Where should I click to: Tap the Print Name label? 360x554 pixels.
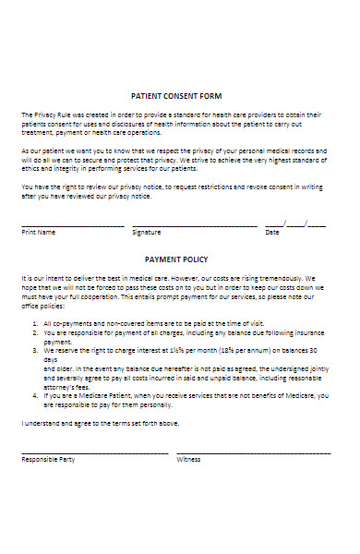[x=39, y=233]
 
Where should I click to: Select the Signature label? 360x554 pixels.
[x=146, y=233]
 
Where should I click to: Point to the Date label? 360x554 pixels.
[x=272, y=233]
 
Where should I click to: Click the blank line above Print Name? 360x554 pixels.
[x=72, y=225]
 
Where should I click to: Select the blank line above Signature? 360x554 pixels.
[x=194, y=225]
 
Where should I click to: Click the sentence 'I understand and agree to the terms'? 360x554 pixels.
[x=100, y=423]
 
